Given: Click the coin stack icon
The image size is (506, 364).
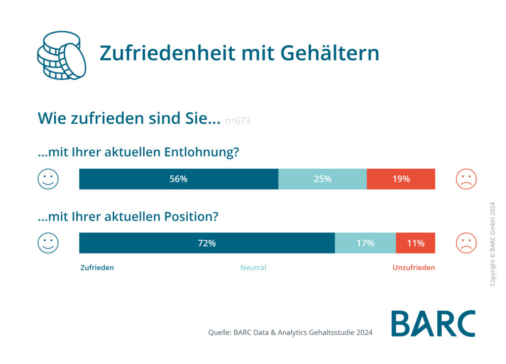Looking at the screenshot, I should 61,55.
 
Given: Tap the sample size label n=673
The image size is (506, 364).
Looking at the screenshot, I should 237,121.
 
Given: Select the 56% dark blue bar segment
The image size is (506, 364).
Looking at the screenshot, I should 178,179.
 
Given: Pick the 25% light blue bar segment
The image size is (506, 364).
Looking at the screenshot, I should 322,179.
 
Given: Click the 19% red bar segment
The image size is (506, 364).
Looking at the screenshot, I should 401,179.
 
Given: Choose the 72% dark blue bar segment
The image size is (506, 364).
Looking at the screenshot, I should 207,243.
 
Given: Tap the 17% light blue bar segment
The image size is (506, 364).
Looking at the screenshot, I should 365,243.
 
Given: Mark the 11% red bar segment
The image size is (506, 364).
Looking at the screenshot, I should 415,243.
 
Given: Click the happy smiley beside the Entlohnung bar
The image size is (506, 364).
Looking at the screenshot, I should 48,179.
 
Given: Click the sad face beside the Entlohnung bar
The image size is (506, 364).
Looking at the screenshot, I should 466,179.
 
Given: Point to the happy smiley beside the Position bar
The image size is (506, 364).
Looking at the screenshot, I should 48,243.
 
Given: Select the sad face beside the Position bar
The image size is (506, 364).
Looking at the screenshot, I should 466,243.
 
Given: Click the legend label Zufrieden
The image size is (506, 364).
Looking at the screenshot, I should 97,268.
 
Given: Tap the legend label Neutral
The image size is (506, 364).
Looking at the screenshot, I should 253,268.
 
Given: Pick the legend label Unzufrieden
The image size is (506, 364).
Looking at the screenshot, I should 414,268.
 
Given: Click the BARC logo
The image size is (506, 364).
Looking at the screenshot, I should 433,324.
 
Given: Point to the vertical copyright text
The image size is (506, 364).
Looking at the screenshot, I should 492,244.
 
